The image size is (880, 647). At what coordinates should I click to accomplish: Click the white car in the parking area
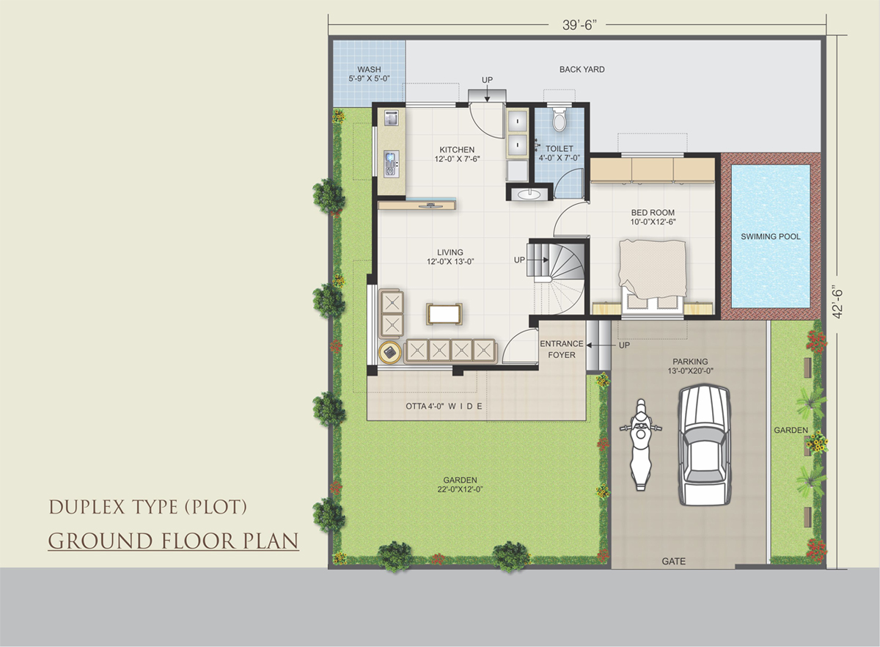pos(705,445)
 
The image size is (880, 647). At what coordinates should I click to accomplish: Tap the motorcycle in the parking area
pos(641,445)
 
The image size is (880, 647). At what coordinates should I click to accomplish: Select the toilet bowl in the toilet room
pos(559,119)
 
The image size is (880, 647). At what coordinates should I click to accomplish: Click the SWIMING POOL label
pos(771,237)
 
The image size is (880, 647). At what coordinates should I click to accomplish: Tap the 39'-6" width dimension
pos(579,25)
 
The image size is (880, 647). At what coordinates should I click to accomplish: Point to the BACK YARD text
pos(582,70)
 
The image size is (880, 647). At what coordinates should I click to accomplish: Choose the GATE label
pos(673,561)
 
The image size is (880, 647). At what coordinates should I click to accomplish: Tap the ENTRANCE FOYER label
pos(562,349)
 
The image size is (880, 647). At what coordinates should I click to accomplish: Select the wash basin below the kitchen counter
pos(529,194)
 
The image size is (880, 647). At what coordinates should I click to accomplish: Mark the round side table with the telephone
pos(389,353)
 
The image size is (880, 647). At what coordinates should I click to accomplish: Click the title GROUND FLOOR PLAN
pos(173,541)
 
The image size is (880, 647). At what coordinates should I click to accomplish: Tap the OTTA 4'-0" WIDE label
pos(444,406)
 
